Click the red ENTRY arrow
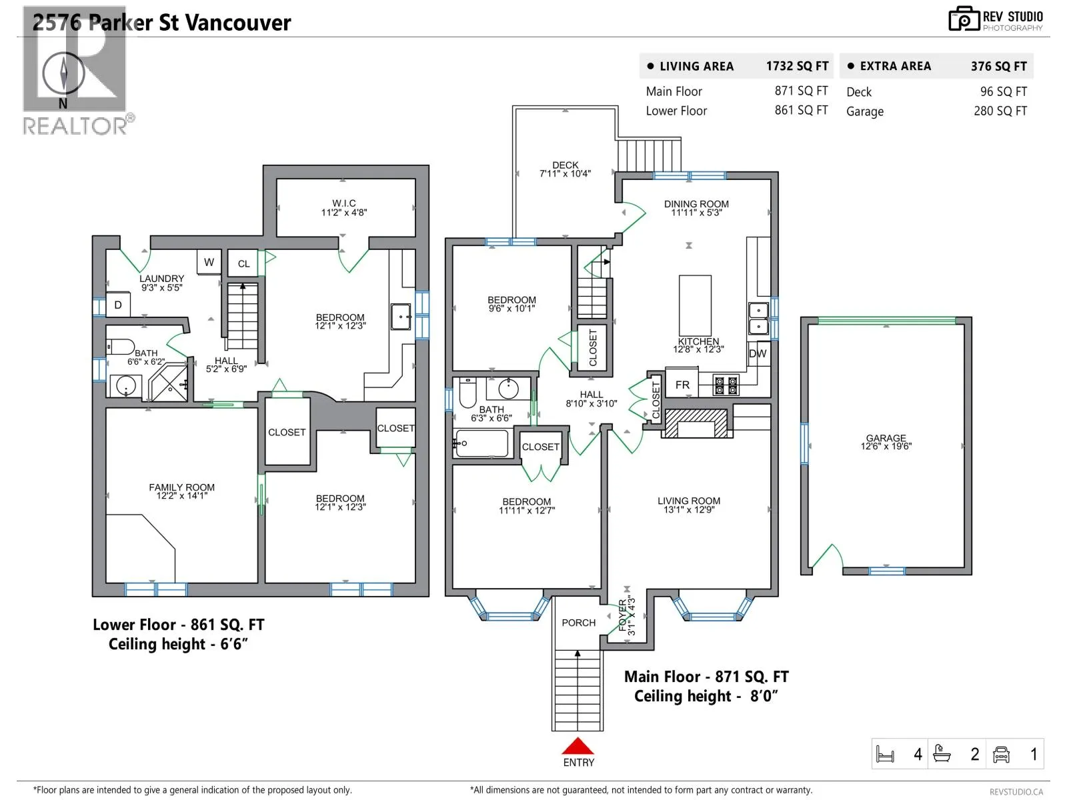578,746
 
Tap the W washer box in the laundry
209,262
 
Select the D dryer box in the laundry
118,305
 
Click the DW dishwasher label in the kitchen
758,353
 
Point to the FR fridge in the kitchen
682,385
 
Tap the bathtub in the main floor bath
481,443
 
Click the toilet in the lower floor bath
120,347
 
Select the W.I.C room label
344,203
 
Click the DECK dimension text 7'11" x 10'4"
565,173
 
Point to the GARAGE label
886,437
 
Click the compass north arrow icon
63,73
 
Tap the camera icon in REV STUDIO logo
964,19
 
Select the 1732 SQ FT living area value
797,66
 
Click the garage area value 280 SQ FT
1000,111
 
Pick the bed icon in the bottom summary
885,755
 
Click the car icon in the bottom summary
1001,755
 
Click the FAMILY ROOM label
182,487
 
